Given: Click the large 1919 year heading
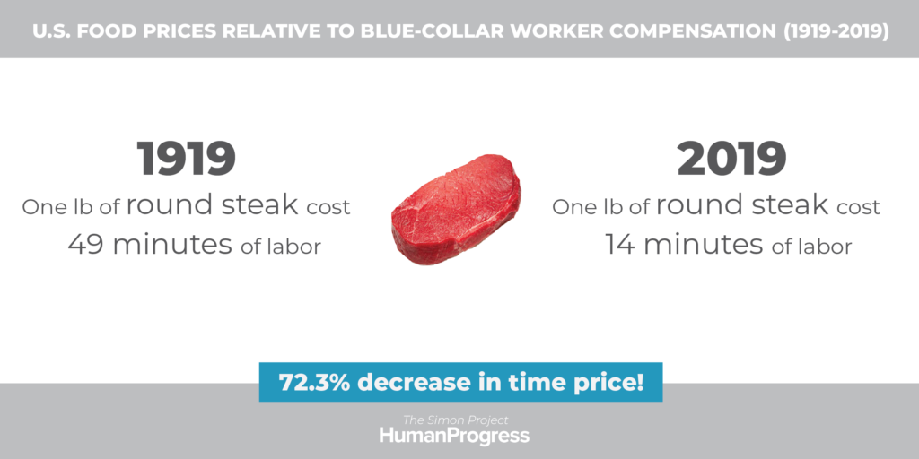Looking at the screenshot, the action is click(x=187, y=159).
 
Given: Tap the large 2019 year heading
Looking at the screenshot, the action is click(x=731, y=159).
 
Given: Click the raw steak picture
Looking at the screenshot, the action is click(x=456, y=209).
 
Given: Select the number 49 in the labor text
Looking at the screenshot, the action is click(x=87, y=244).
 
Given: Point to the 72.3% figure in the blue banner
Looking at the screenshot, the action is click(x=315, y=382).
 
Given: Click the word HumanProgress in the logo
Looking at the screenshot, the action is click(x=454, y=436).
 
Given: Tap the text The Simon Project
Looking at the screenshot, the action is click(x=455, y=420).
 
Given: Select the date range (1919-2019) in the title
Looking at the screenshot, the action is click(x=836, y=31).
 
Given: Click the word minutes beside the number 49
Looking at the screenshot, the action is click(x=172, y=244).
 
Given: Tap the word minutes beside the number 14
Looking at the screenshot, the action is click(x=704, y=244).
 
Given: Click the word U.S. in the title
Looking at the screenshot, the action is click(x=51, y=31).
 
